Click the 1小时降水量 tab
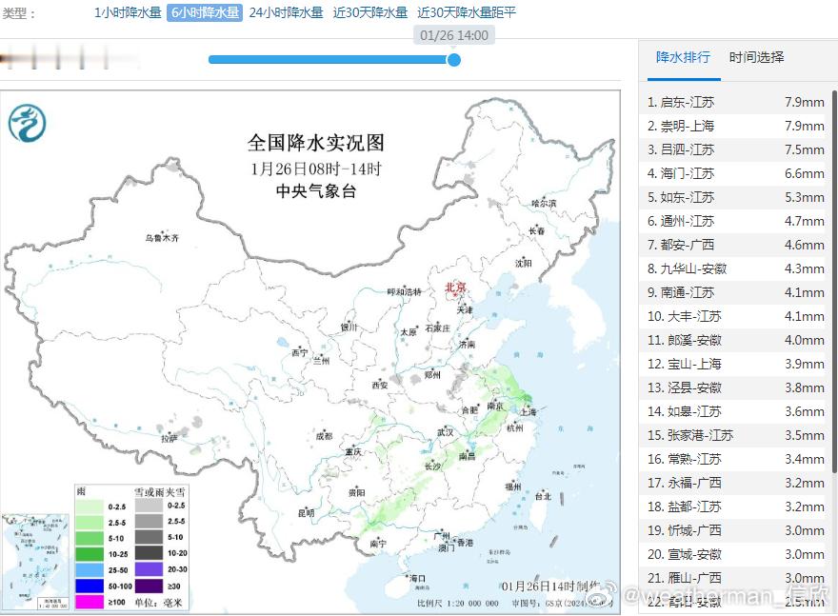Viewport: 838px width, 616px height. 128,13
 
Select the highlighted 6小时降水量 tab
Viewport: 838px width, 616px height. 205,13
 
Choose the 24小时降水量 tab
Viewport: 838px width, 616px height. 286,13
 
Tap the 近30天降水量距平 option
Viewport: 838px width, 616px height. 467,13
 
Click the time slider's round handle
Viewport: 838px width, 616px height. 454,60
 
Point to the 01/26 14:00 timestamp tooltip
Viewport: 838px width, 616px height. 454,35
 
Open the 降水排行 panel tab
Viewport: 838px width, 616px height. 683,57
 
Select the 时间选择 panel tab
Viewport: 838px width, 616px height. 757,57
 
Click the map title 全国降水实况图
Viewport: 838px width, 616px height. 316,144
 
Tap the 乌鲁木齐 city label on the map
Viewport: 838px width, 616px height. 161,238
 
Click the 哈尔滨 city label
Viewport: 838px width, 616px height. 543,203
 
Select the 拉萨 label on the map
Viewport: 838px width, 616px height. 169,439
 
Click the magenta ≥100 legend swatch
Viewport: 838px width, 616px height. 90,601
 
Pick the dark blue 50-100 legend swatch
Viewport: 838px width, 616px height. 90,585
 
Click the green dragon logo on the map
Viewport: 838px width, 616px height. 28,124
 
